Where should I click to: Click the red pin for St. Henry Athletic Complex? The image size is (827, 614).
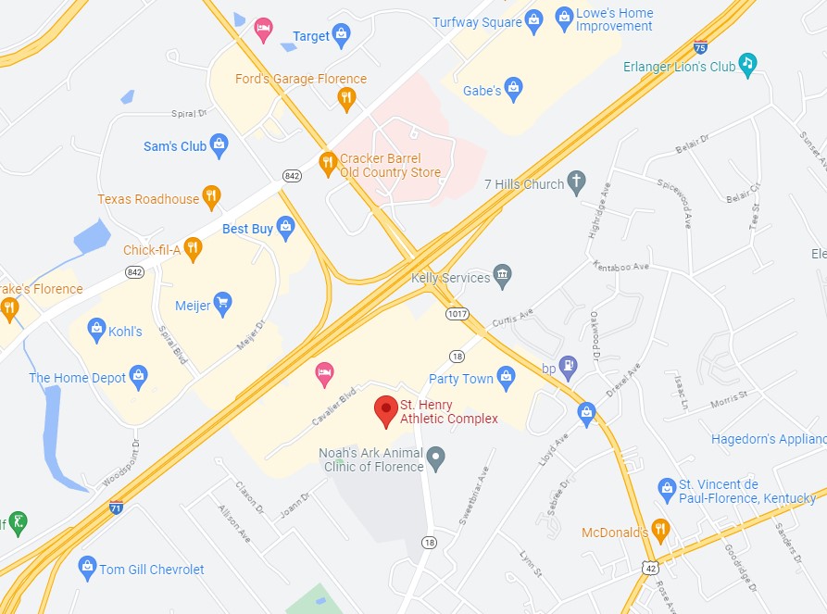[x=385, y=410]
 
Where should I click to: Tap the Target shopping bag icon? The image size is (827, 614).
[x=341, y=36]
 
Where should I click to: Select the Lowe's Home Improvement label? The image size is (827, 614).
[x=614, y=19]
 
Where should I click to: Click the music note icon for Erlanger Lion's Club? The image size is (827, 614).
[x=748, y=66]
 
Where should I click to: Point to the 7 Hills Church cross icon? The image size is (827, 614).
[x=576, y=183]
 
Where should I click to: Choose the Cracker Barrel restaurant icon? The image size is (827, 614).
[x=327, y=164]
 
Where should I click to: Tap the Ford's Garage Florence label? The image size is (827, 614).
[x=300, y=79]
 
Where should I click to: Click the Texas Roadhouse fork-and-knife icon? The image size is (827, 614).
[x=212, y=197]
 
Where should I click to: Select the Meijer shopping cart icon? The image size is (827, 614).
[x=222, y=303]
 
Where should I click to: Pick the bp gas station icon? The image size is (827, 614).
[x=569, y=368]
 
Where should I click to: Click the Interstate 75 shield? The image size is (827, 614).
[x=700, y=47]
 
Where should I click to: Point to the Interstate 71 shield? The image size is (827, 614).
[x=116, y=507]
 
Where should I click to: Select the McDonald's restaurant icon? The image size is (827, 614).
[x=659, y=532]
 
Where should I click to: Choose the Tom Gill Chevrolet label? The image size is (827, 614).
[x=152, y=570]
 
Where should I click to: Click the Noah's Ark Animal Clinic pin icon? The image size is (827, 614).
[x=436, y=456]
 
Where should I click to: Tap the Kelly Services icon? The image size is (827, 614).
[x=502, y=276]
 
